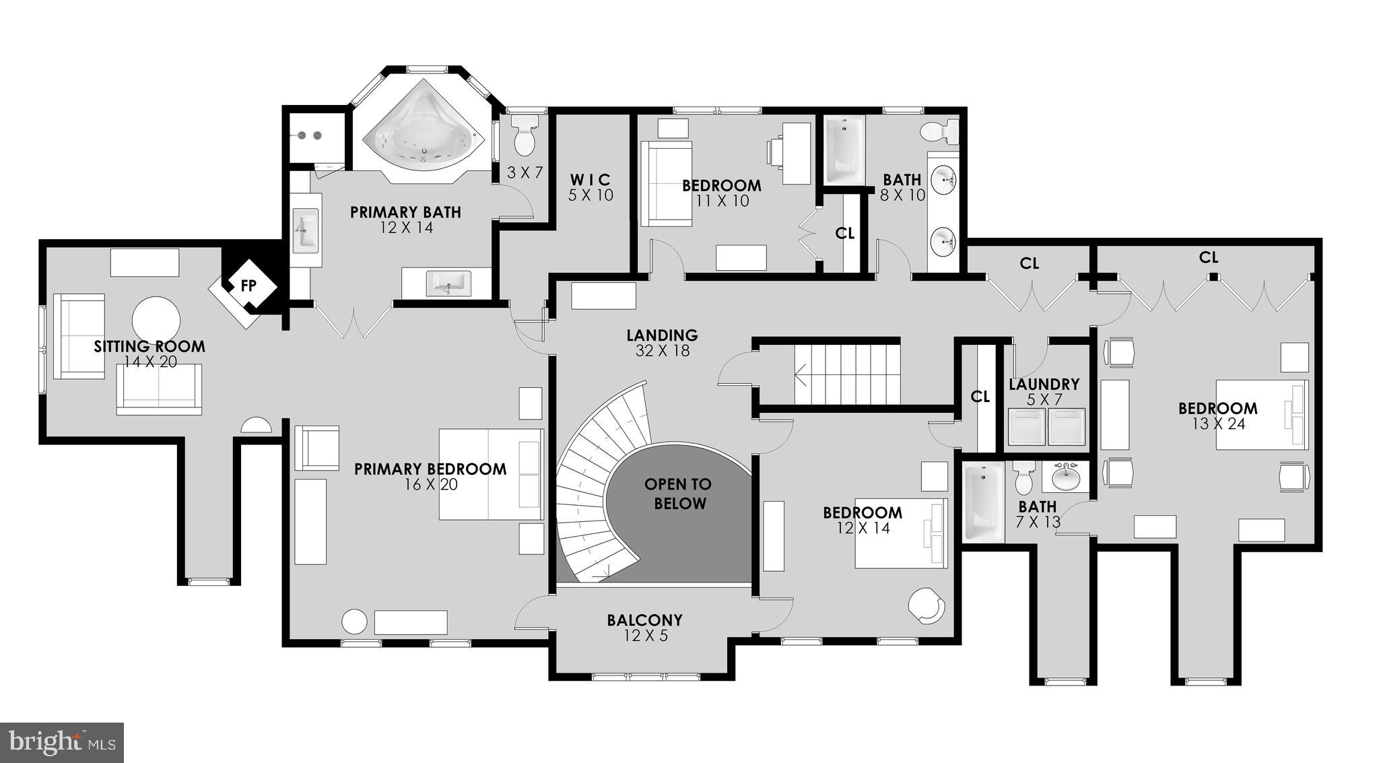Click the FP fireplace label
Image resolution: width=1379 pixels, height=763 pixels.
(x=248, y=286)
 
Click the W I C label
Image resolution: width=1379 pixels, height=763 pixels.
(x=591, y=180)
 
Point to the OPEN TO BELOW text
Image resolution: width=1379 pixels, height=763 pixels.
(x=679, y=494)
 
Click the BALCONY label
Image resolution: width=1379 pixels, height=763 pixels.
(x=644, y=620)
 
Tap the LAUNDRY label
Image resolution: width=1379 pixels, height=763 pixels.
(x=1044, y=385)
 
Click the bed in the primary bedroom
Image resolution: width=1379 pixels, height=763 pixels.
(x=491, y=474)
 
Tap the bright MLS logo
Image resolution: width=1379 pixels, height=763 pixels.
(x=62, y=742)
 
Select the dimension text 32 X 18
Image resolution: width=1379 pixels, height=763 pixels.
(x=662, y=351)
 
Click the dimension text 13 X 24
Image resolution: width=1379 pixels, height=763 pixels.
(x=1217, y=424)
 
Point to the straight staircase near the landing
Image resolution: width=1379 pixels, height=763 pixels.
(x=847, y=374)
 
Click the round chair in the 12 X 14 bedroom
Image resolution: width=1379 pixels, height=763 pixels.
(x=927, y=606)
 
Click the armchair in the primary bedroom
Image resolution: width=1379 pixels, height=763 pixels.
(x=316, y=447)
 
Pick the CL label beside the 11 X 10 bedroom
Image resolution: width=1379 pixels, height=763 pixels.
(x=844, y=233)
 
